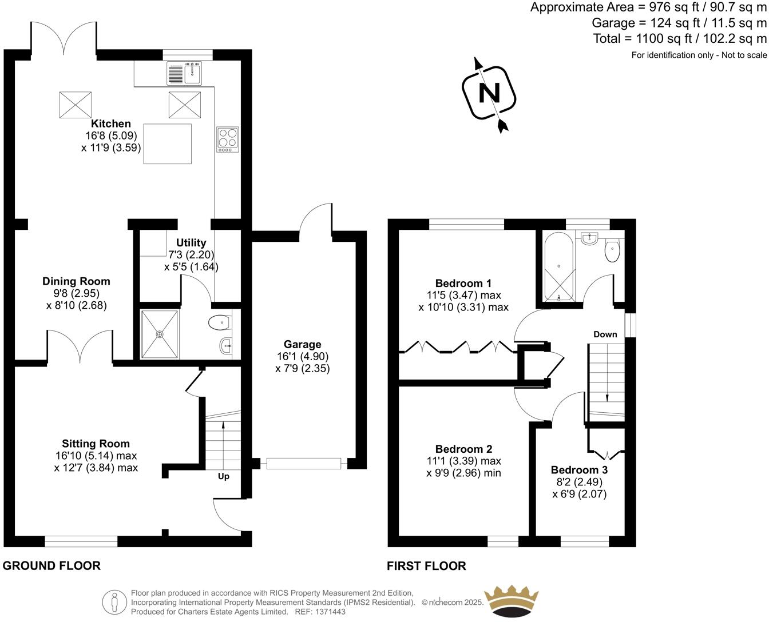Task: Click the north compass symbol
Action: [489, 93]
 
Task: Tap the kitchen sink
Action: [184, 73]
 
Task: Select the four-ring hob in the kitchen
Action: [228, 139]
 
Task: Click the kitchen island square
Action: [167, 143]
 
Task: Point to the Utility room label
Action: [191, 243]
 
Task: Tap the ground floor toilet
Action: [220, 324]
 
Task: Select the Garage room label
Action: [302, 344]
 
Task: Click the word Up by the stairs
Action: [224, 476]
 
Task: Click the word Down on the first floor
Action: [605, 334]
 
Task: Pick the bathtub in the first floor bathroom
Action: [558, 266]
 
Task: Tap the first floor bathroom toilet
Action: [612, 250]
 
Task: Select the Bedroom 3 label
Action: [579, 470]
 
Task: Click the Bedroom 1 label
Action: [463, 283]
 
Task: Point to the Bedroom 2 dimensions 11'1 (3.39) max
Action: [463, 461]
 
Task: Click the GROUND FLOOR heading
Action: [51, 565]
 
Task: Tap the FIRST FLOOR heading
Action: [426, 566]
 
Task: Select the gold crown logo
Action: [512, 601]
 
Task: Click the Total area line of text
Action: [679, 39]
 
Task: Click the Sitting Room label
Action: [96, 444]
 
